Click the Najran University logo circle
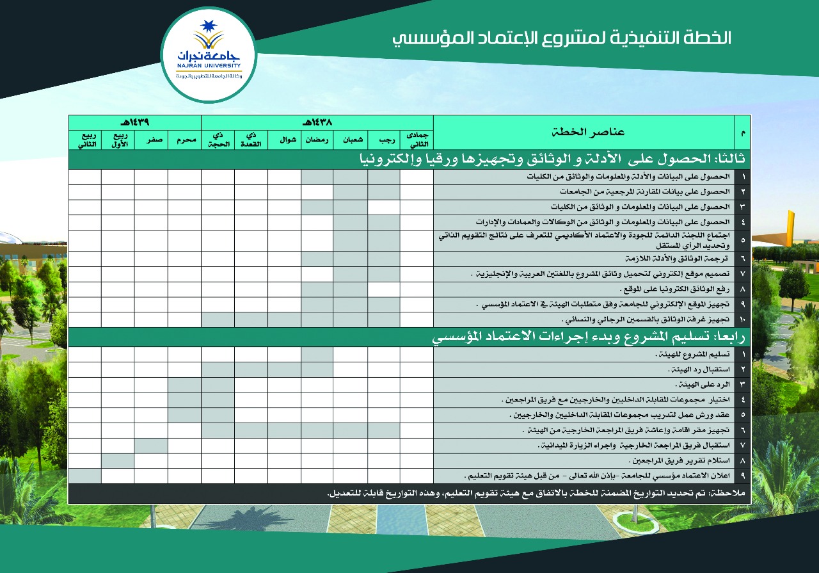click(209, 56)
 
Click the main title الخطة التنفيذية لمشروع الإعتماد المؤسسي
click(561, 38)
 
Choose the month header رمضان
click(317, 139)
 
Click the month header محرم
click(184, 139)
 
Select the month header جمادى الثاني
click(417, 139)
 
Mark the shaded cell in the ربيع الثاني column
click(84, 476)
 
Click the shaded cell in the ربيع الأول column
click(118, 461)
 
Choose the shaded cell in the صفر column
click(151, 446)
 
